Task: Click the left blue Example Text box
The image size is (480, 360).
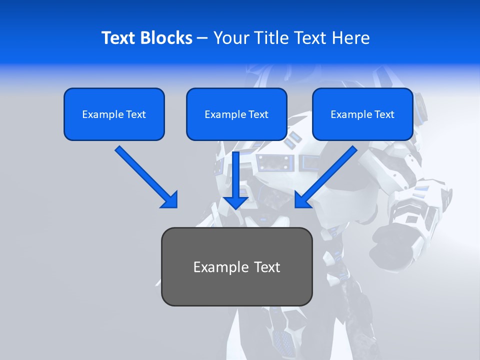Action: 114,114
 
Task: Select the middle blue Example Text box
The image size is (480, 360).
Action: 236,114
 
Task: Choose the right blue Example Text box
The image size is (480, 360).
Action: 362,114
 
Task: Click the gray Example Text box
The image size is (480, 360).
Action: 236,266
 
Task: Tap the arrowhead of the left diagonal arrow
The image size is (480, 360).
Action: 170,200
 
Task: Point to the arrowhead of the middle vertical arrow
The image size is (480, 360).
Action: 236,202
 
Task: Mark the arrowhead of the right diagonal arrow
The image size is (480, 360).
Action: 302,200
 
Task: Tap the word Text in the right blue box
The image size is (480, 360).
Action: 384,114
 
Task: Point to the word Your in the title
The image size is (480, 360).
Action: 230,38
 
